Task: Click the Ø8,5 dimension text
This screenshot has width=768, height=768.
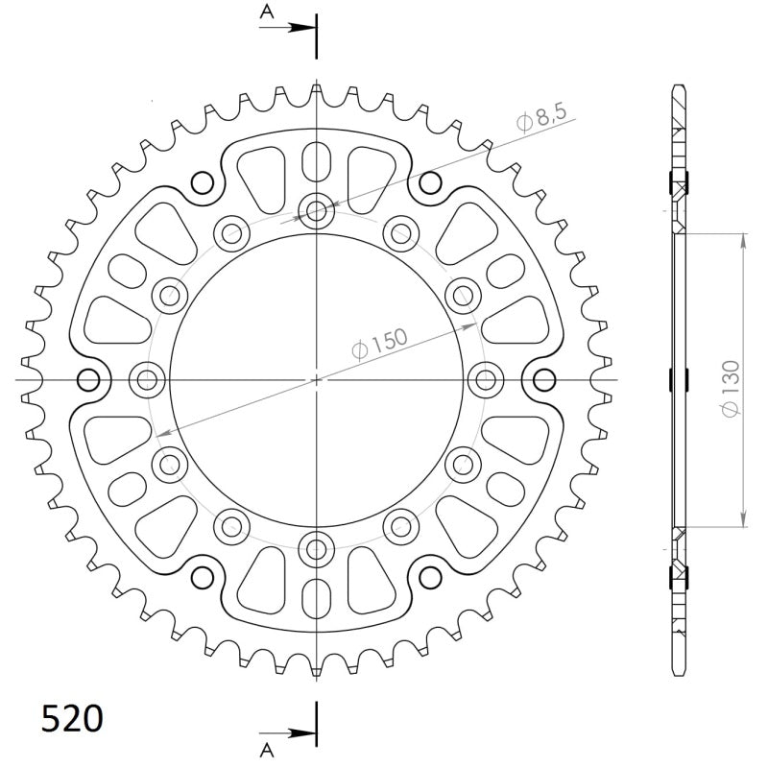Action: point(543,119)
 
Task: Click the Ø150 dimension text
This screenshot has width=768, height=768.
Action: point(380,343)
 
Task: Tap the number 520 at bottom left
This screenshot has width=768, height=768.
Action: point(71,718)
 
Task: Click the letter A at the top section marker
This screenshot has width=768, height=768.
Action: point(266,12)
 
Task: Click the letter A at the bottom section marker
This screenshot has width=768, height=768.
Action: point(266,747)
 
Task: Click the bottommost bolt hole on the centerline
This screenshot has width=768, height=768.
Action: point(316,549)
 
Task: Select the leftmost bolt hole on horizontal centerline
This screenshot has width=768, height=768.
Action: point(147,380)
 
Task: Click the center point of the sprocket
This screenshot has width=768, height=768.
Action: point(316,380)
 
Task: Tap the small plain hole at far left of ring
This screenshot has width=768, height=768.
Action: point(88,380)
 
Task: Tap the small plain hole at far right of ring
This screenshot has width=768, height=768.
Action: point(544,380)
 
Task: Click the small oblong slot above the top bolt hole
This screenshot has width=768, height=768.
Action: point(316,160)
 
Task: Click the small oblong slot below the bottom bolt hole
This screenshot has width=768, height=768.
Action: point(316,599)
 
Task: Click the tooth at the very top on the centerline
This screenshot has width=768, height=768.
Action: point(316,91)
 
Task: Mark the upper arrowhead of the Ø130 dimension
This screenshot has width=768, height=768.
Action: point(744,238)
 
